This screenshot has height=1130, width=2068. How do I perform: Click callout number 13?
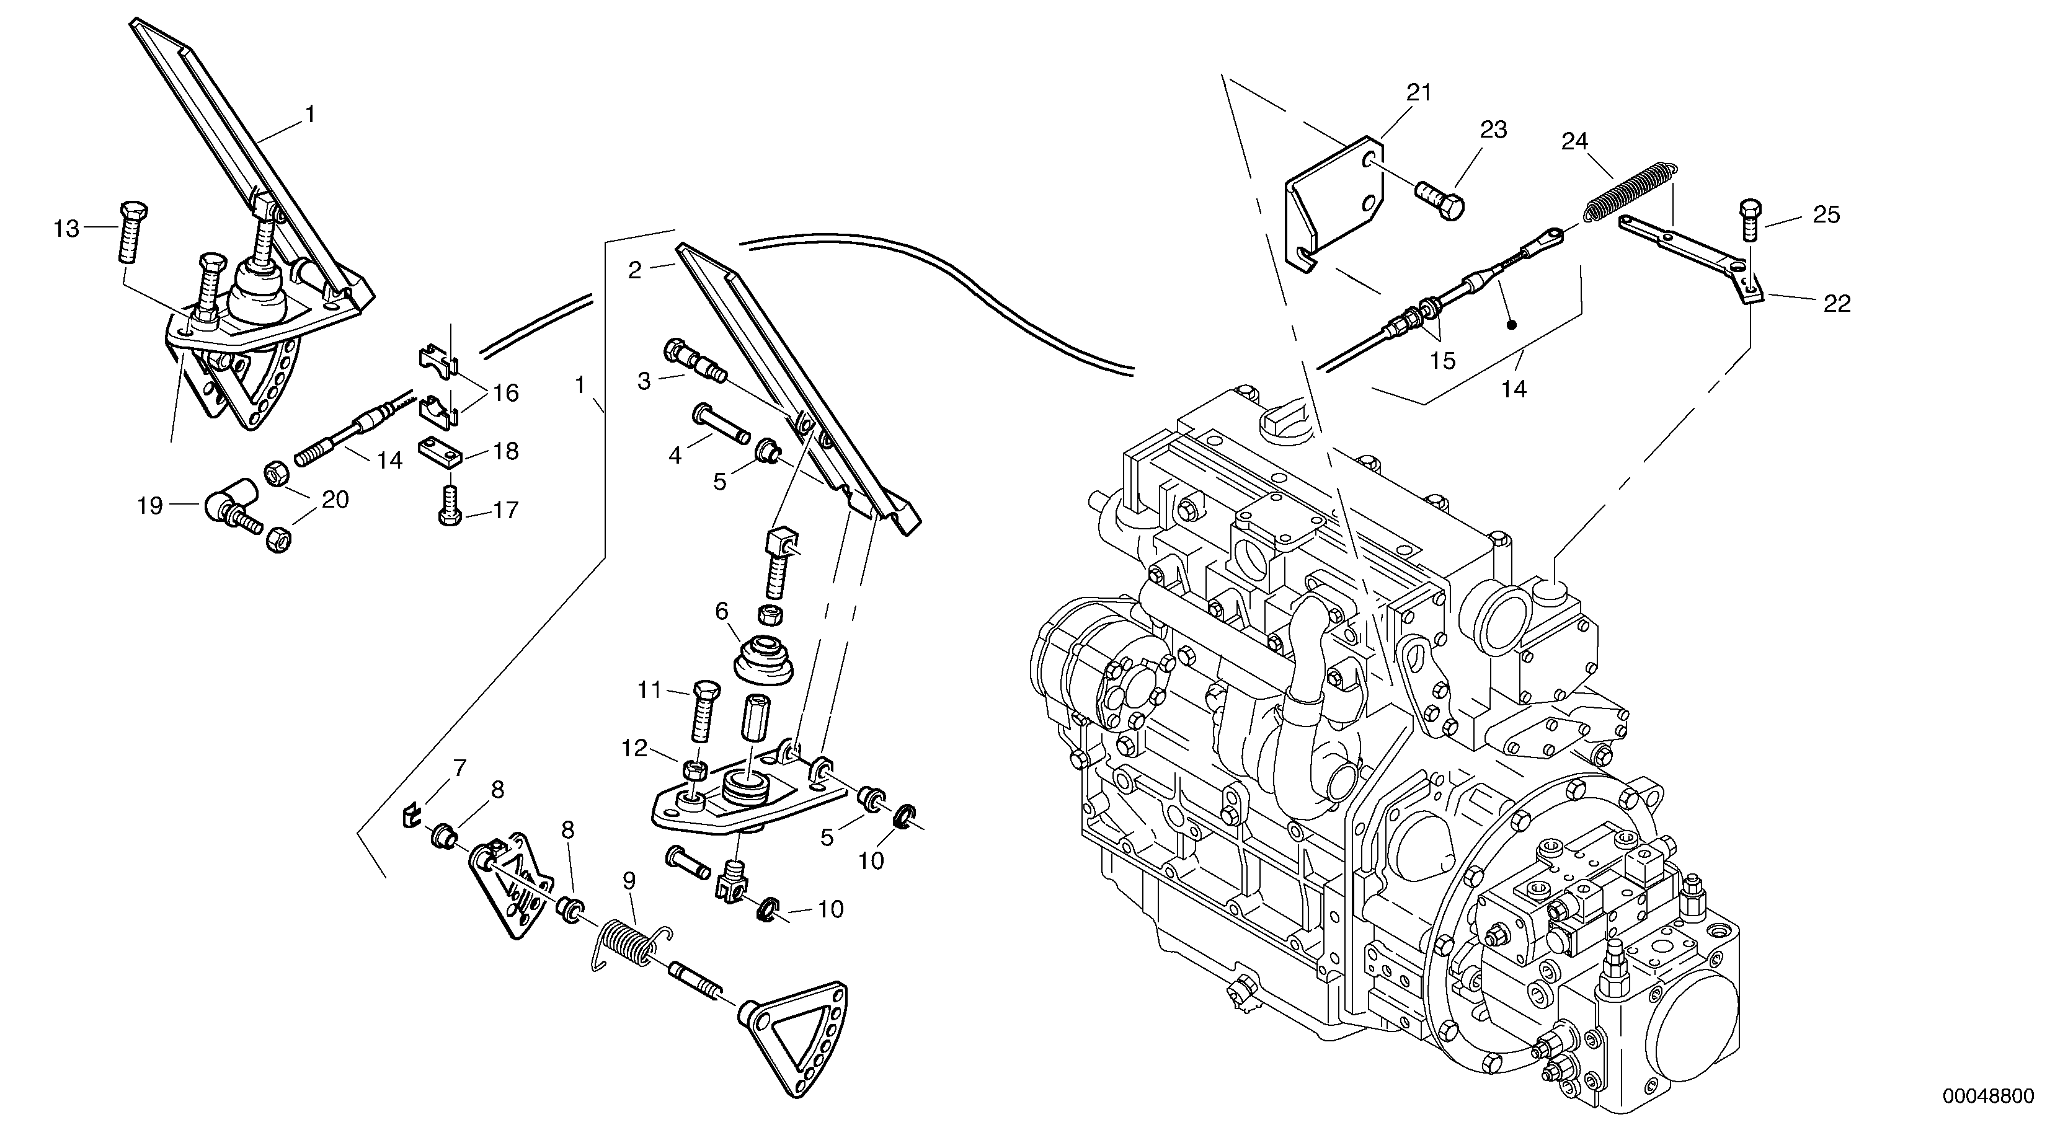click(66, 229)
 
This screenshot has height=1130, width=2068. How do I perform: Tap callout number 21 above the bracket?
click(1419, 93)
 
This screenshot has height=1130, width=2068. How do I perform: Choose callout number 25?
click(1826, 215)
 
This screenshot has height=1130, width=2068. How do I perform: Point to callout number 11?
click(649, 690)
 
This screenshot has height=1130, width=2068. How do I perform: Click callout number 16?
click(506, 393)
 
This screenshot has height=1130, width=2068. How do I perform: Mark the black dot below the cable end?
click(1511, 325)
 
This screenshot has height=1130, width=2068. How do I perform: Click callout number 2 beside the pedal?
click(635, 270)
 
